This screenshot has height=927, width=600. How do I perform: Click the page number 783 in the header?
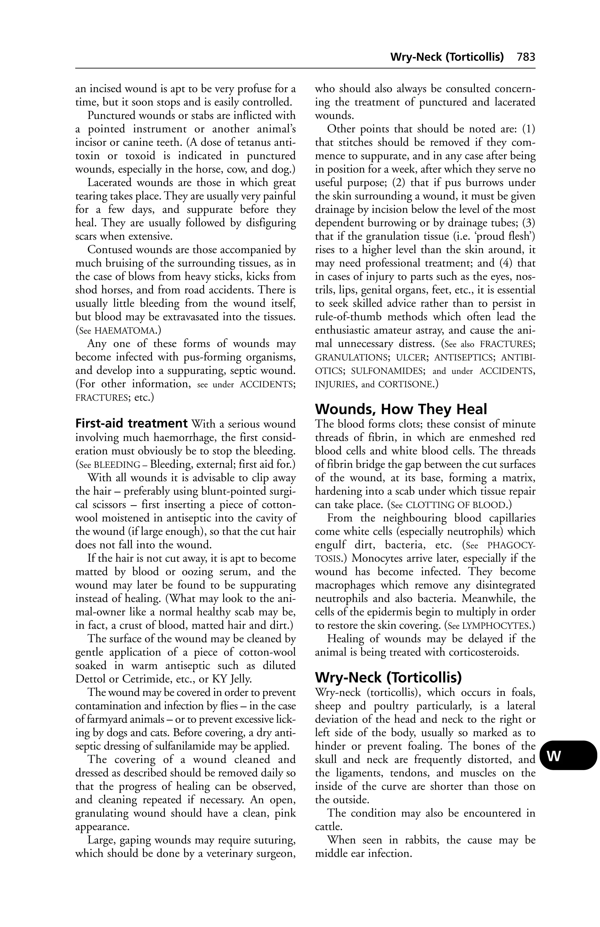(x=526, y=57)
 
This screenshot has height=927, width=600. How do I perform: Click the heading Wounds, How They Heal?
(x=401, y=409)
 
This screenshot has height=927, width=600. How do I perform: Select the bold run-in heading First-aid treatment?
(x=131, y=424)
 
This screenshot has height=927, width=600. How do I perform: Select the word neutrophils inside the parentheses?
(x=451, y=532)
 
